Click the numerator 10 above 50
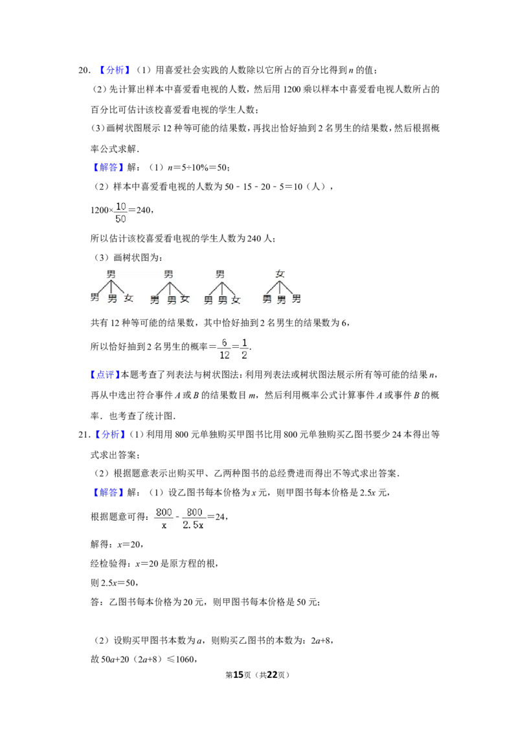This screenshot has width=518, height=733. [x=120, y=207]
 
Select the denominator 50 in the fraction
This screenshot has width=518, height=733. [x=120, y=220]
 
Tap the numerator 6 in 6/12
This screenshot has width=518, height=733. [x=224, y=342]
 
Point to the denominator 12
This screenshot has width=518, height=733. [x=224, y=355]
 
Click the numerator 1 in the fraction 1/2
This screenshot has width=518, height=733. [x=245, y=342]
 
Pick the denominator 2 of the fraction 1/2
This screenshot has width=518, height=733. [x=245, y=355]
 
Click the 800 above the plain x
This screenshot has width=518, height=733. [x=164, y=513]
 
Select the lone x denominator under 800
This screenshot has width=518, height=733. [x=164, y=526]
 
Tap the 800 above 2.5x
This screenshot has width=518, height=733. [x=194, y=513]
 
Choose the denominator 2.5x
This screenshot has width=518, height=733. [x=194, y=526]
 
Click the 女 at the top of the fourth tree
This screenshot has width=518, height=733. [x=280, y=274]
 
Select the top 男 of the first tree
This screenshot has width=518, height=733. [x=111, y=274]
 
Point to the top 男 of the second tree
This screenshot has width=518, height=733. [x=168, y=274]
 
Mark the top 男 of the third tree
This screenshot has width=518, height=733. [x=220, y=274]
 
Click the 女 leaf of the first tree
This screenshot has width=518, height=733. [x=129, y=299]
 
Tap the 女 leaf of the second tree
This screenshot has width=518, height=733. [x=185, y=299]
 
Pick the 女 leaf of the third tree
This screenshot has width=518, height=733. [x=236, y=300]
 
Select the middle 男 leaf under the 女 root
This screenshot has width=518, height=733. [x=282, y=300]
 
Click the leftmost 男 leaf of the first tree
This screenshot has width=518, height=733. [x=95, y=298]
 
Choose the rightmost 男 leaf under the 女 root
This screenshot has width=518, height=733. [x=297, y=299]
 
